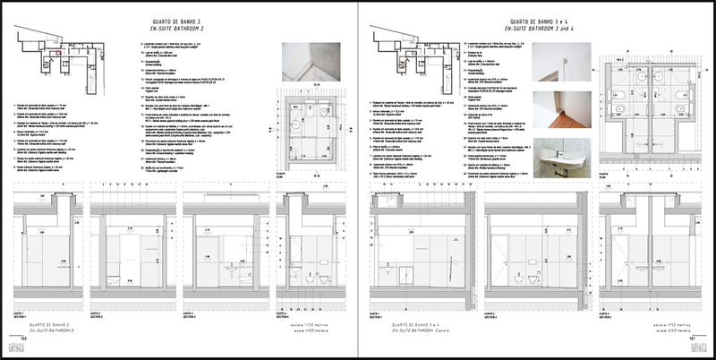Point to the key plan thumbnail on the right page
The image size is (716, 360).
click(409, 54)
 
